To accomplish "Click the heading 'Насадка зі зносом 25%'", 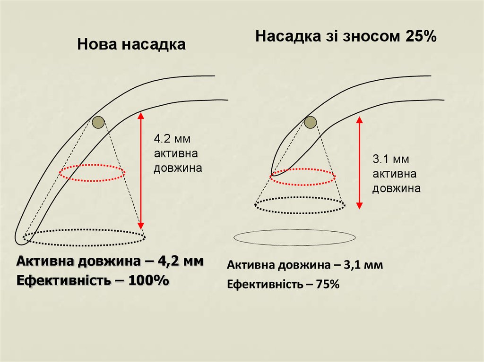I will point(345,36).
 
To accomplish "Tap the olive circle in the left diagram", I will point(98,123).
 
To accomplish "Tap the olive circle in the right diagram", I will point(310,123).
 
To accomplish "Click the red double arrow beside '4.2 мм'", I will point(140,170).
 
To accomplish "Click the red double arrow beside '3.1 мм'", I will point(359,163).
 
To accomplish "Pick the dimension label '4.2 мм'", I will point(171,139).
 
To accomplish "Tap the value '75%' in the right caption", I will point(328,285).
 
